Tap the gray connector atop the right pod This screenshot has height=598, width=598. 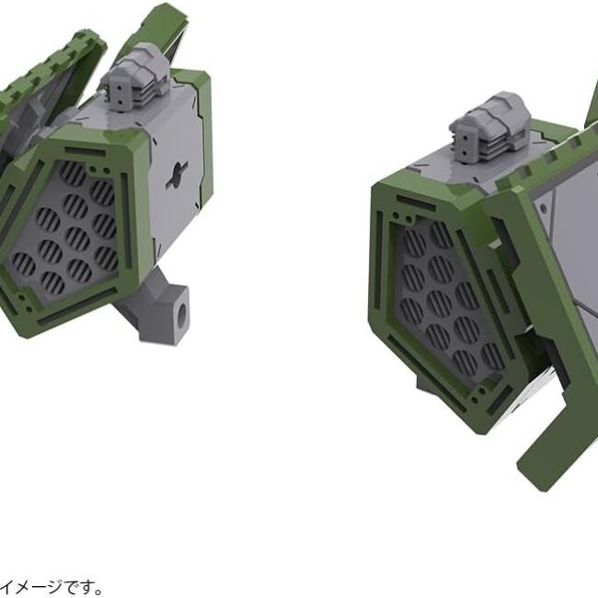click(489, 127)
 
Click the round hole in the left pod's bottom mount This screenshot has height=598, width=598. click(183, 312)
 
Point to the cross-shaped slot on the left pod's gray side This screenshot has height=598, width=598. click(177, 175)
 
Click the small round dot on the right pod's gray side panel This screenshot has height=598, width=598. click(543, 208)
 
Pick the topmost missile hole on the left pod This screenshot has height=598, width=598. click(73, 174)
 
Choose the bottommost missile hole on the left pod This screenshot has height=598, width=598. click(52, 282)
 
